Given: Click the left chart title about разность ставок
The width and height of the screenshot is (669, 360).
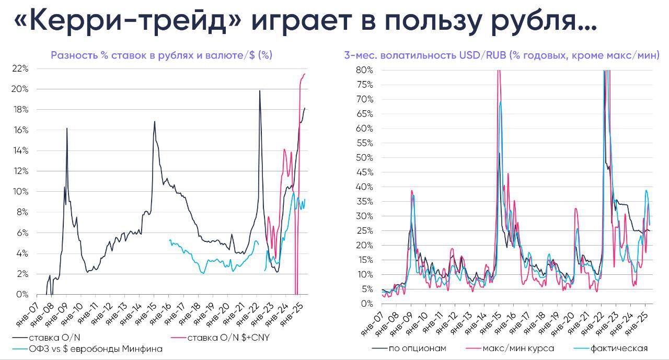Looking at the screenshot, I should tap(162, 55).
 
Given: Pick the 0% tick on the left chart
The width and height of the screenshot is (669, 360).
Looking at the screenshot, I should tap(22, 294).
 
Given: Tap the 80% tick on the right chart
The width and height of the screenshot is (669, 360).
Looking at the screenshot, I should tap(364, 70).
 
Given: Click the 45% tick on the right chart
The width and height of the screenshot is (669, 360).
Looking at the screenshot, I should tap(364, 172).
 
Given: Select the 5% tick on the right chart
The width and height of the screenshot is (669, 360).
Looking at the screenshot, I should tap(366, 289).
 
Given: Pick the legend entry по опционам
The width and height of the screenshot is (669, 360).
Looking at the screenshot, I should tap(413, 349).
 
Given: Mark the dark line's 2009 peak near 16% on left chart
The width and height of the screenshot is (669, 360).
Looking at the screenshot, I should tap(67, 128).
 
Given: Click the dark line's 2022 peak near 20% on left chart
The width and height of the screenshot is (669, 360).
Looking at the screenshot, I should tap(259, 91).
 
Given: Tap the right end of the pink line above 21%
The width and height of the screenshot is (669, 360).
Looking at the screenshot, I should tap(305, 74).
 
